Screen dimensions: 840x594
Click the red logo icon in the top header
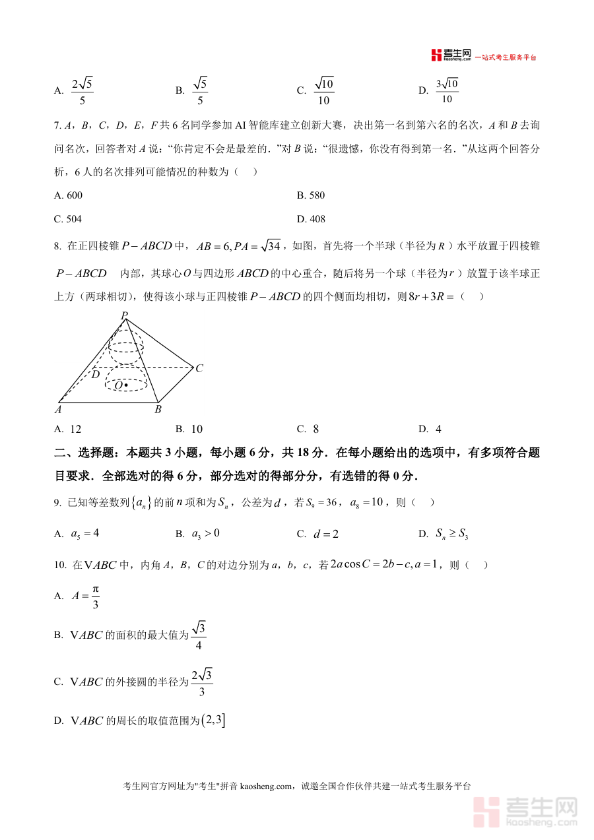(436, 55)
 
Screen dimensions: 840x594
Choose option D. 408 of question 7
(311, 219)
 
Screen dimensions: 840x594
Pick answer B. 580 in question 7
(311, 195)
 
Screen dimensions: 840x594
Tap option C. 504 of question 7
(69, 219)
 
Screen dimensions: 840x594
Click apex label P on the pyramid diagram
(123, 316)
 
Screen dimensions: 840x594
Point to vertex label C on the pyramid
(199, 368)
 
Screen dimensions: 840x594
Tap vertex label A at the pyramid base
(58, 409)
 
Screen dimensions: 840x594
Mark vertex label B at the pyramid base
(158, 410)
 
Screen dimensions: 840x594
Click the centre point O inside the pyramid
(125, 385)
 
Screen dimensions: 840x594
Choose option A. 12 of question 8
(68, 429)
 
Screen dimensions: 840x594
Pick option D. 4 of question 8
(431, 429)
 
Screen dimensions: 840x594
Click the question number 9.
(57, 503)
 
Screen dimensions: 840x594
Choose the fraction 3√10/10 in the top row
(447, 91)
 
